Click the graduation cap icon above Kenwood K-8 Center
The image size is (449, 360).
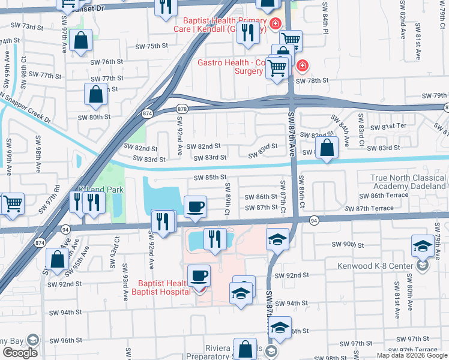click(423, 247)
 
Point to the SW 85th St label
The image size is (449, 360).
click(209, 178)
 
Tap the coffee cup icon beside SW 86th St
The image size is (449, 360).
click(195, 207)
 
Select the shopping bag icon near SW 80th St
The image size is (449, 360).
click(95, 95)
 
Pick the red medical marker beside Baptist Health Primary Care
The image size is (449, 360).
click(275, 23)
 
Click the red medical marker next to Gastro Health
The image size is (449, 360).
click(303, 65)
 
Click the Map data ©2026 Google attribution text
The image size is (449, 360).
click(412, 355)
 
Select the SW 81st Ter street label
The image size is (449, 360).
click(389, 127)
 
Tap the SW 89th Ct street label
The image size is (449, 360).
click(228, 206)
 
